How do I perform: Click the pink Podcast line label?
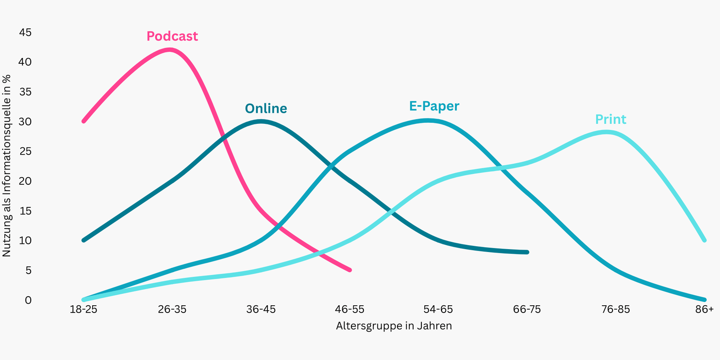pos(172,36)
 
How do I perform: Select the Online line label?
pos(265,108)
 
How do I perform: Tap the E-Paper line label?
pos(434,106)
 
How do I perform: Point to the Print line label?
pos(611,119)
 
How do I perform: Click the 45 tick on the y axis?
pos(25,33)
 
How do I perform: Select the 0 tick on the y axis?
pos(28,300)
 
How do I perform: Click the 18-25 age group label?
pos(83,310)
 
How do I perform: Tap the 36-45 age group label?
pos(261,310)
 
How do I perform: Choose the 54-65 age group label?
pos(438,310)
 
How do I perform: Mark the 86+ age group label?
pos(704,310)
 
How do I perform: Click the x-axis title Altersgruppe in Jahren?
pos(394,326)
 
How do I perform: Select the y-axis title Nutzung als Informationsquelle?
pos(7,166)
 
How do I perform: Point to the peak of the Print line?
pos(607,132)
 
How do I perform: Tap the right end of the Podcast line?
pos(350,270)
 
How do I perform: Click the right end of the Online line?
pos(527,252)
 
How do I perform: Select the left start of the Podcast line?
pos(84,121)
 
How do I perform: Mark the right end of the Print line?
pos(704,240)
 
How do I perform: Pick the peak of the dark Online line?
pos(261,121)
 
